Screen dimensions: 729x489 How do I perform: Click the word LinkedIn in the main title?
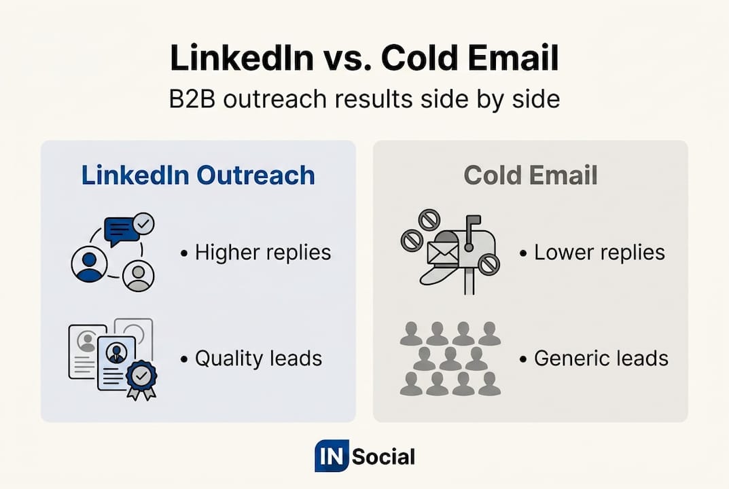tap(242, 58)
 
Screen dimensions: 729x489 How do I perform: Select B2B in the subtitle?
tap(192, 99)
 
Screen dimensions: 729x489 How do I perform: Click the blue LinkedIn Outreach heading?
tap(198, 175)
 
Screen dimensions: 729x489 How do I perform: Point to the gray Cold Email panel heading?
tap(531, 175)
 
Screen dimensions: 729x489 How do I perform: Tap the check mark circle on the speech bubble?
tap(143, 224)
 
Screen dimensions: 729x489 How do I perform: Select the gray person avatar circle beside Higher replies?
tap(138, 276)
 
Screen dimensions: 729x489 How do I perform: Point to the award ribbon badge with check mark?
tap(142, 380)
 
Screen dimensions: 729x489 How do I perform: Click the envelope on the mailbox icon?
tap(442, 253)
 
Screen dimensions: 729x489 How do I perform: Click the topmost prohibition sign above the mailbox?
tap(429, 219)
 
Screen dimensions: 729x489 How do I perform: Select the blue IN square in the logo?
tap(332, 456)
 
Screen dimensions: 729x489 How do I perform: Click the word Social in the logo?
tap(383, 457)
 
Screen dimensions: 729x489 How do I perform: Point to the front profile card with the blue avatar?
tap(116, 363)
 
